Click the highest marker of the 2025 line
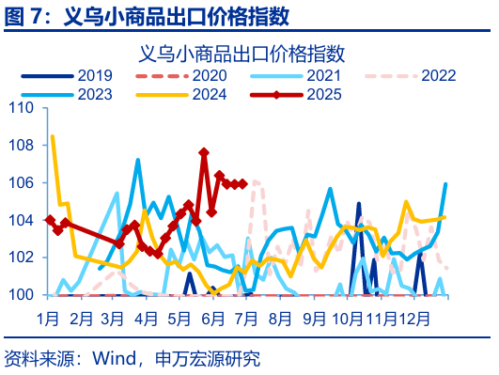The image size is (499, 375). [x=204, y=151]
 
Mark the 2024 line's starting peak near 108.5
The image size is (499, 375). [x=53, y=136]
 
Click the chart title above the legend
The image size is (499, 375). [x=248, y=53]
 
